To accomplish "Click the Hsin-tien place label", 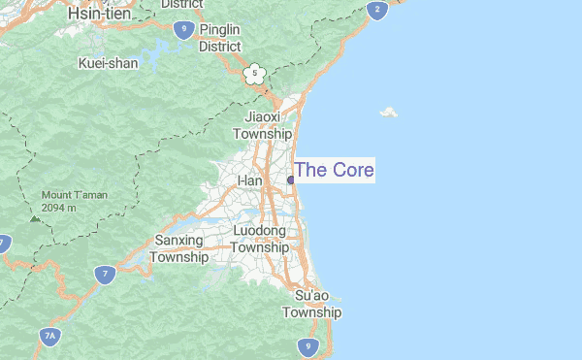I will pos(100,14).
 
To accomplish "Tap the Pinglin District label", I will pos(219,39).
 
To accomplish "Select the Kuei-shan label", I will pos(108,63).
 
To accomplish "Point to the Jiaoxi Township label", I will pos(262,125).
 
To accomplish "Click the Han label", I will pos(250,180).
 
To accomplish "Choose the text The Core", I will pos(334,170).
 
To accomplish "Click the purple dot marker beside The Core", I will pos(290,180).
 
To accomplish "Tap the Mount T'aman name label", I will pos(75,195).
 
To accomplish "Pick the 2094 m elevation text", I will pos(59,208).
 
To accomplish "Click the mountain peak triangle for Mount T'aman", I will pos(36,218).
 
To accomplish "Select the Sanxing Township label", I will pos(179,248).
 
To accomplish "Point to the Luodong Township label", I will pos(260,239).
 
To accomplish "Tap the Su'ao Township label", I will pos(311,304).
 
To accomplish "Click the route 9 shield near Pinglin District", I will pos(183,29).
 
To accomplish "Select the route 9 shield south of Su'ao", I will pos(307,345).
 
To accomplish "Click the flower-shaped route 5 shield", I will pos(254,73).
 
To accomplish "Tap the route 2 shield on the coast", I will pos(376,11).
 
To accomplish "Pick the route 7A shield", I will pos(50,337).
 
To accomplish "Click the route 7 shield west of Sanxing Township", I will pos(104,275).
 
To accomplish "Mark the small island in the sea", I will pos(389,112).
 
